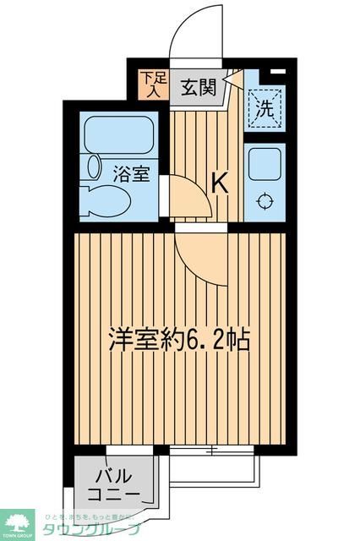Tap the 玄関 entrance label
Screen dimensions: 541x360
click(x=198, y=86)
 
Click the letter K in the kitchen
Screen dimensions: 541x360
click(x=219, y=181)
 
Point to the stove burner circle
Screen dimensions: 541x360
click(x=265, y=201)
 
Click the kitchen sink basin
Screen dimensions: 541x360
click(x=265, y=163)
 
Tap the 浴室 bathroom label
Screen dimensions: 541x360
click(x=132, y=175)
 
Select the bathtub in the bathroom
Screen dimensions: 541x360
click(x=118, y=134)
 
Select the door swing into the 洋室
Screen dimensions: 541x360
click(x=201, y=258)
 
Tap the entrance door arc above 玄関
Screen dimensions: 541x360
click(x=196, y=36)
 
